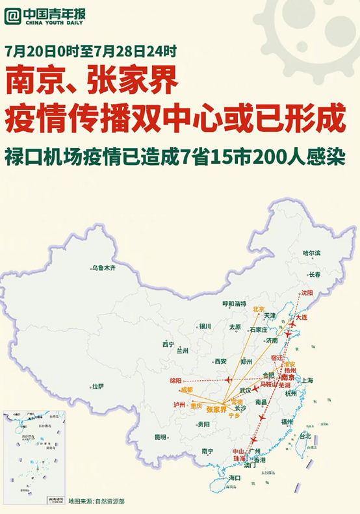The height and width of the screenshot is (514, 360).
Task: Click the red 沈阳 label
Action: point(305,293)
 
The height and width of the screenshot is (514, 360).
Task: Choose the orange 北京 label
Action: point(259,309)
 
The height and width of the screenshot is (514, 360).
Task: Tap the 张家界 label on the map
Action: point(216,409)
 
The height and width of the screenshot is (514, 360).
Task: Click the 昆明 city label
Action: point(160,436)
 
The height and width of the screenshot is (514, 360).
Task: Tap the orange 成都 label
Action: point(186,390)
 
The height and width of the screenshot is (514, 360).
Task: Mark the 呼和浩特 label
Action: point(235,303)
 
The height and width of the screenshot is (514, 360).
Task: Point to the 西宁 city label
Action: point(168,344)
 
